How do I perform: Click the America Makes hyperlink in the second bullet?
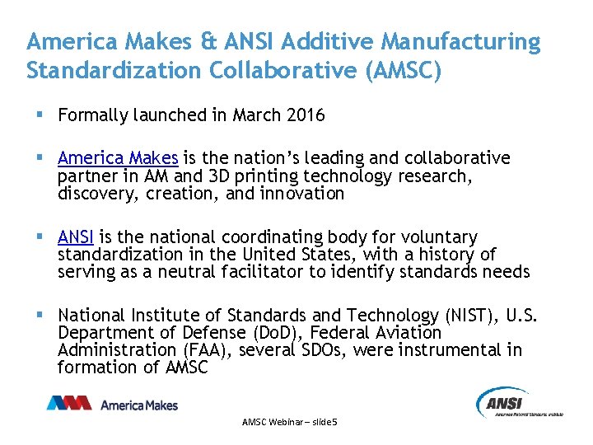[118, 157]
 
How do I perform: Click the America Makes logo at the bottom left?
[112, 404]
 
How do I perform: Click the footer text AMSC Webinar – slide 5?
[290, 422]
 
